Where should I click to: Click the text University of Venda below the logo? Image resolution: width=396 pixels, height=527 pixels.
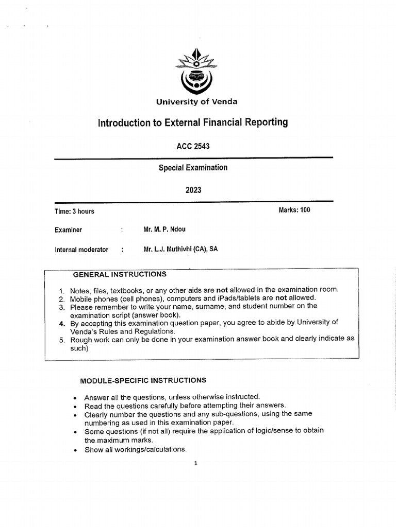tap(197, 102)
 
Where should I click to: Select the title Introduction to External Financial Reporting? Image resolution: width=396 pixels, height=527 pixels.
tap(193, 122)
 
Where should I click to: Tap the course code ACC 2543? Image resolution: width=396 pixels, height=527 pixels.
tap(193, 147)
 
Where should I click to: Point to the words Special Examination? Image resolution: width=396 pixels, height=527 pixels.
tap(193, 168)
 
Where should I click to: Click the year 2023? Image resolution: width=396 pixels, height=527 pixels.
tap(193, 190)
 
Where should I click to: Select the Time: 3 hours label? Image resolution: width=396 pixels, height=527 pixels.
tap(74, 211)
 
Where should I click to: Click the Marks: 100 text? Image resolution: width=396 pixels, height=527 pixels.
tap(294, 210)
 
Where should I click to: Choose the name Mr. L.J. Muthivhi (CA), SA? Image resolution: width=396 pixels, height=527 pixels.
tap(180, 249)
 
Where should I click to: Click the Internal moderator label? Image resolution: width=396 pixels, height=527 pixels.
tap(81, 250)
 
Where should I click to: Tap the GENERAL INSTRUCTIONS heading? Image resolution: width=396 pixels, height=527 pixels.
tap(120, 274)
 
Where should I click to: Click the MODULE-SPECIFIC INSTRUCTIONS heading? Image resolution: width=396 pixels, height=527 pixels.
tap(143, 380)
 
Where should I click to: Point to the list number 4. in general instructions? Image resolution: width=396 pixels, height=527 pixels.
tap(61, 323)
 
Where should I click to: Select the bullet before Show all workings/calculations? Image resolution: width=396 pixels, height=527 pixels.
tap(75, 450)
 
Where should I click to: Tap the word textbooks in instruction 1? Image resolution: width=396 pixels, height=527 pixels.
tap(122, 290)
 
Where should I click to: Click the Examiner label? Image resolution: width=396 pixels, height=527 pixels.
tap(68, 230)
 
